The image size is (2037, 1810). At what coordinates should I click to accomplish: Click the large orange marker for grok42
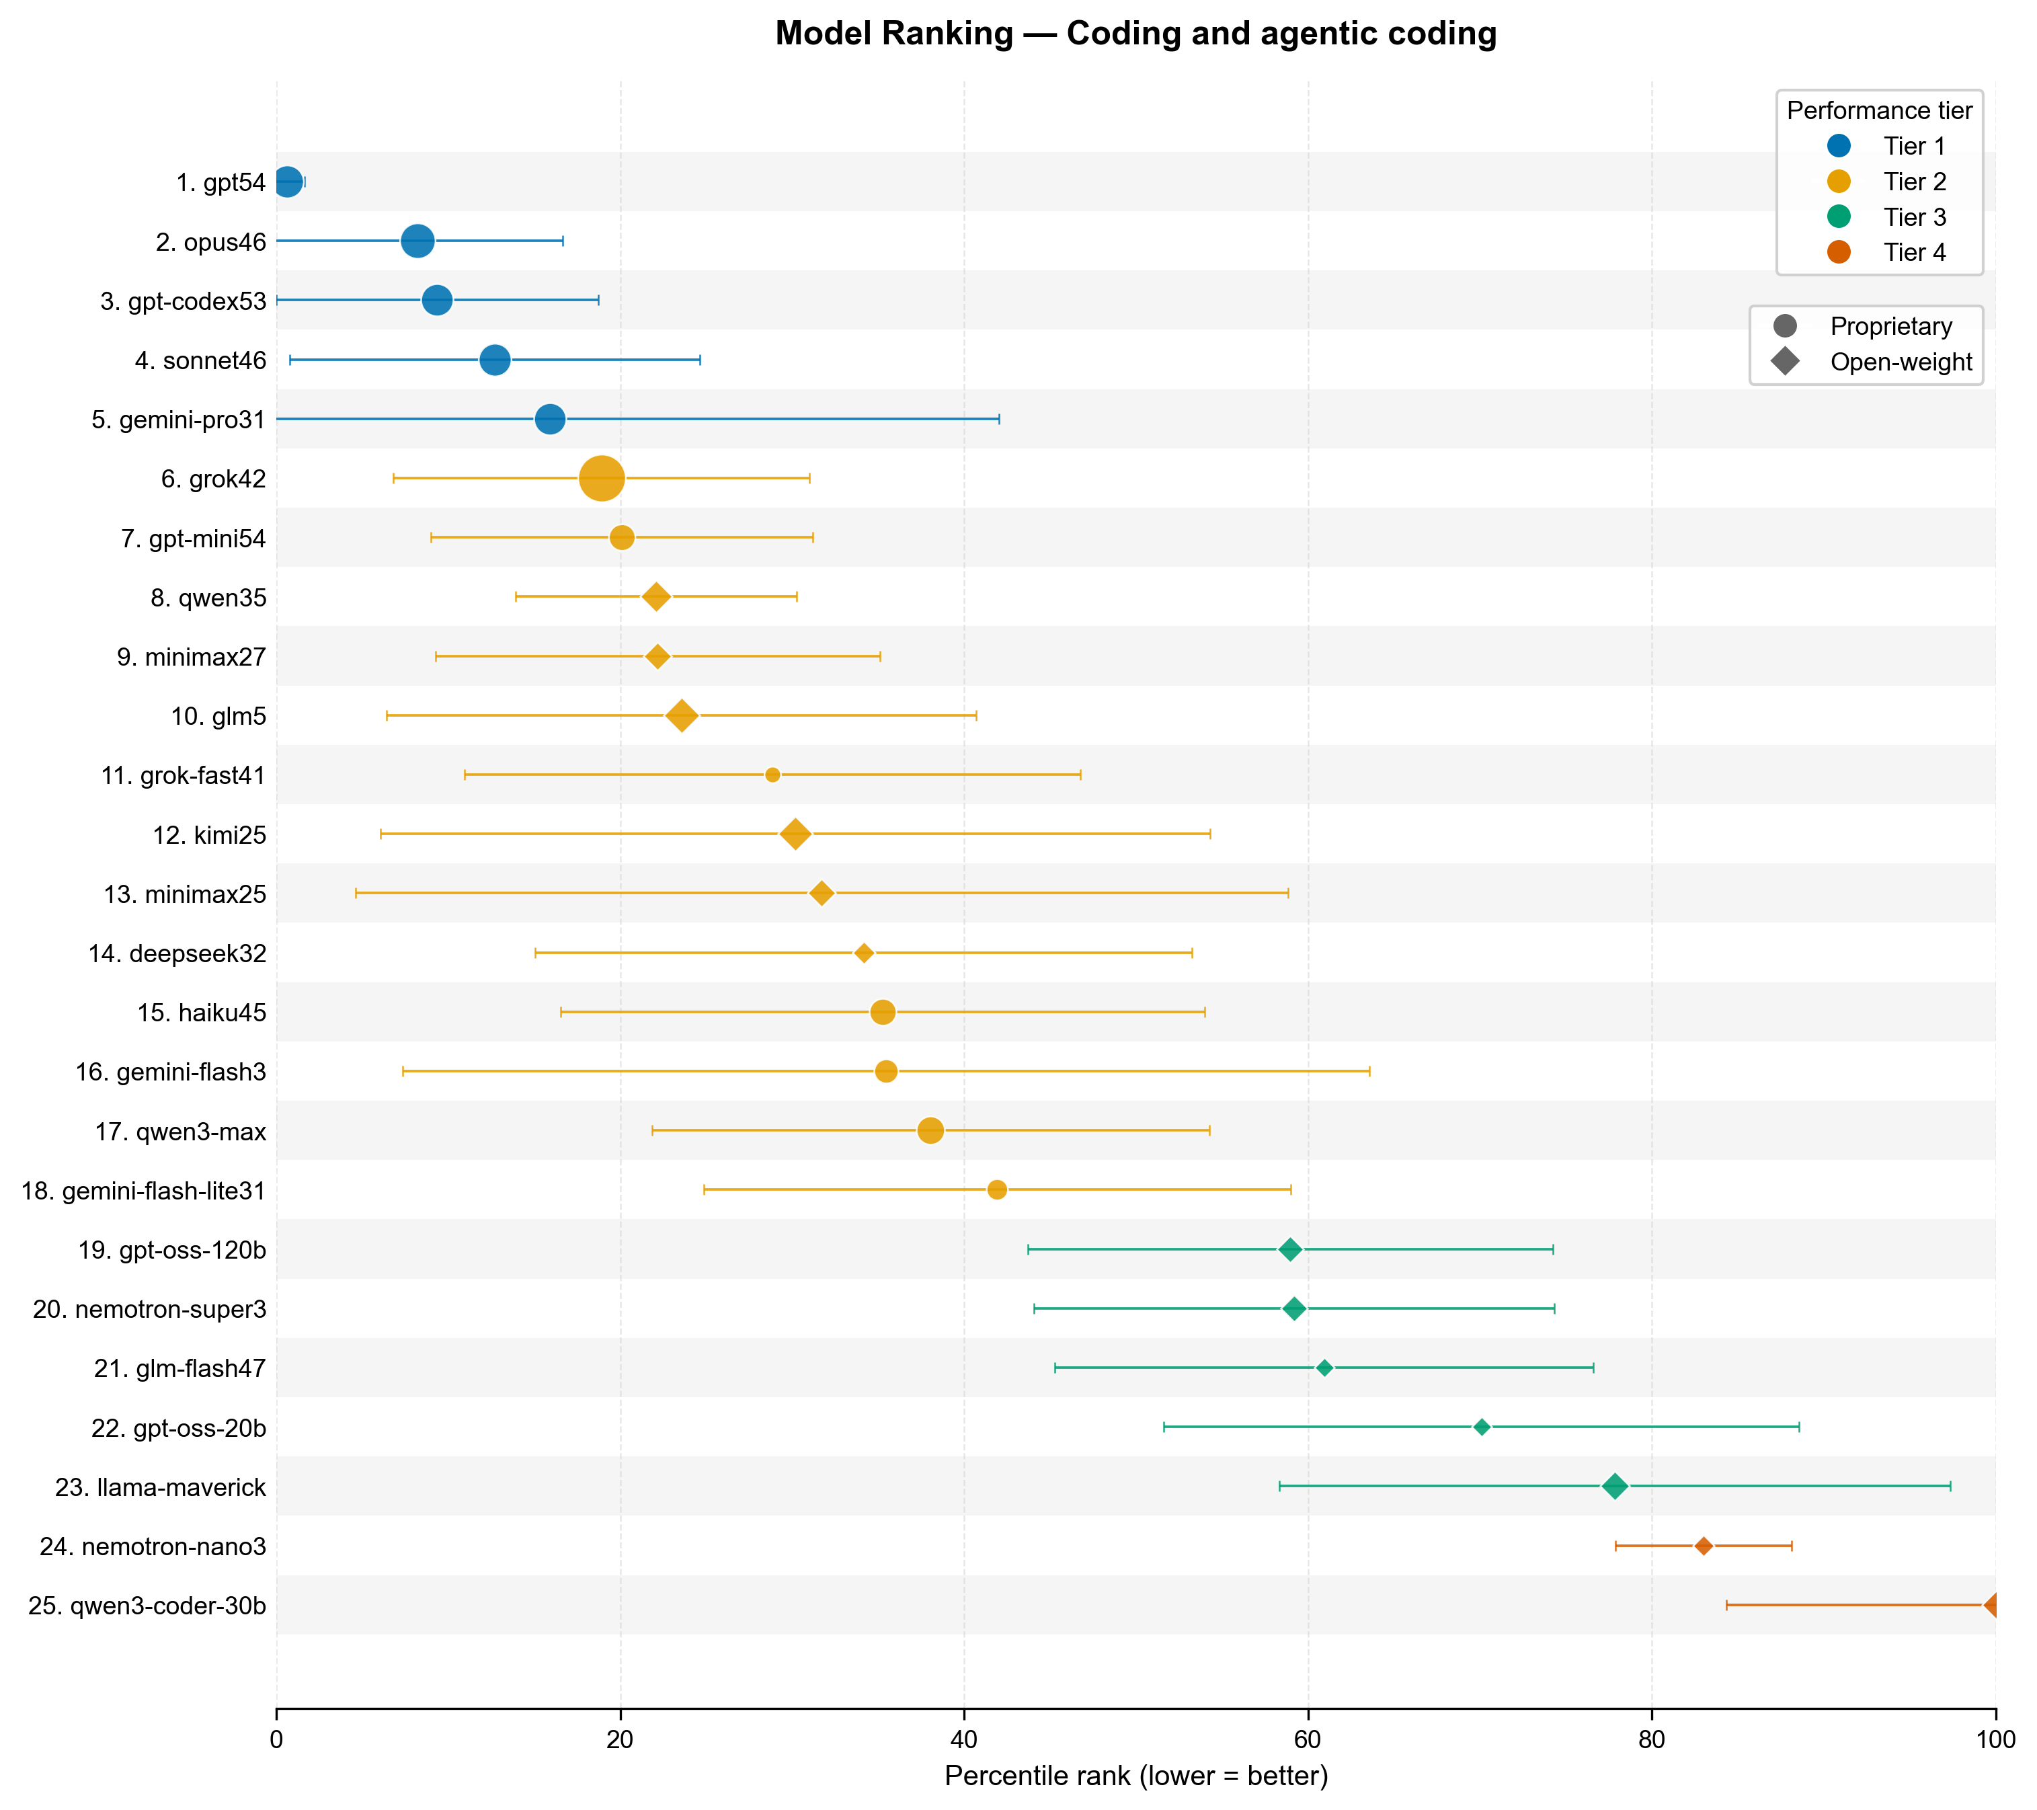[602, 479]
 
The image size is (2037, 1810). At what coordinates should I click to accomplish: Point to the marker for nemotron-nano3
[1704, 1546]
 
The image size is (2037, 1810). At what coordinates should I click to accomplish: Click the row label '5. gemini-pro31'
[178, 420]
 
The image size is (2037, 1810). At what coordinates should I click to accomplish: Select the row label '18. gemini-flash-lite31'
[143, 1191]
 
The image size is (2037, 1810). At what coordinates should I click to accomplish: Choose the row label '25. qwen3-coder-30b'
[147, 1606]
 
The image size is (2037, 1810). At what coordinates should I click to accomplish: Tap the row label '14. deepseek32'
[177, 954]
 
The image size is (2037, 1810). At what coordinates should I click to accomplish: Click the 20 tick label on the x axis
[620, 1740]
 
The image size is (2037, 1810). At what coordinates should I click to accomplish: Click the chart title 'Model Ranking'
[1136, 34]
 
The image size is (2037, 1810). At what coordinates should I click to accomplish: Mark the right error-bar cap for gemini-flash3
[1369, 1072]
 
